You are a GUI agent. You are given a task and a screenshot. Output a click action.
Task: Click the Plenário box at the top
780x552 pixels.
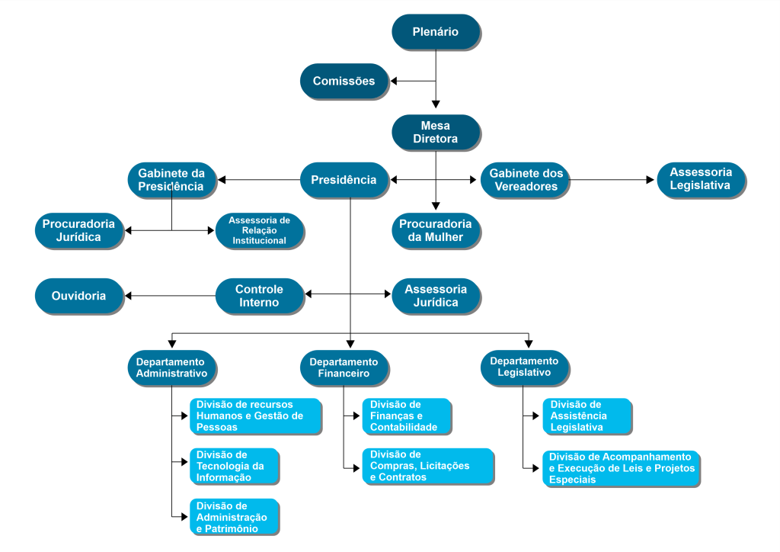coord(436,32)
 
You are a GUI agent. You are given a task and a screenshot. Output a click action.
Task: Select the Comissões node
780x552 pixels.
coord(344,81)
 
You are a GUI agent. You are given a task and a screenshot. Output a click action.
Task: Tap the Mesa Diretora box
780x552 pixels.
coord(436,133)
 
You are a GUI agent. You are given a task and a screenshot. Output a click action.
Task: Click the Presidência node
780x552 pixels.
coord(344,180)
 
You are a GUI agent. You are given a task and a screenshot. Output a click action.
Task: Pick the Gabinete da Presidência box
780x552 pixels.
coord(171,180)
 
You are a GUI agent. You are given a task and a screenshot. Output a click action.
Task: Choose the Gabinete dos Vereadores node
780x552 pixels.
coord(526,180)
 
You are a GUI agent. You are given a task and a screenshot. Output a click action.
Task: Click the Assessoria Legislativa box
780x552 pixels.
coord(701,179)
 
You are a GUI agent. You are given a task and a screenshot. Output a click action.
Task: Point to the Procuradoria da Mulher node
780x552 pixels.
coord(436,230)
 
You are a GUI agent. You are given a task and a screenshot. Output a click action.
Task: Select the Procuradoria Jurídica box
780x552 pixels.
coord(79,230)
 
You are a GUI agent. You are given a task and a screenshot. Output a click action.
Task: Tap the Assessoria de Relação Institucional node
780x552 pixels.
coord(260,230)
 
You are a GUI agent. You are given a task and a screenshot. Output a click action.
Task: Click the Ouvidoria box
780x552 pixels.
coord(79,296)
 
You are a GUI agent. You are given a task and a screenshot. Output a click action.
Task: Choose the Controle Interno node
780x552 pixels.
coord(259,296)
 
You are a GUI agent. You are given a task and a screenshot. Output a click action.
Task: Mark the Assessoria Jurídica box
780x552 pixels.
coord(436,296)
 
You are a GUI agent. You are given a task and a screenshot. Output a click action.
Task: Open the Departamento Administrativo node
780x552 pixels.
coord(171,367)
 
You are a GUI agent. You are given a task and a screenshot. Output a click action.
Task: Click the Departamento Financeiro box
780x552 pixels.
coord(344,367)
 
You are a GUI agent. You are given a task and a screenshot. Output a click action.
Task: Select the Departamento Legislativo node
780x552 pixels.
coord(525,367)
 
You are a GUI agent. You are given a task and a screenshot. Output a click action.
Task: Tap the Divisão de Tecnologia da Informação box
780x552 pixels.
coord(234,466)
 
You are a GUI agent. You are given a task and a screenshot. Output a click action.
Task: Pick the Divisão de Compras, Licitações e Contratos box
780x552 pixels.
coord(428,466)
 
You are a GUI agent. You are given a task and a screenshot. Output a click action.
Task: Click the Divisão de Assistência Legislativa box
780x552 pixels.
coord(587,416)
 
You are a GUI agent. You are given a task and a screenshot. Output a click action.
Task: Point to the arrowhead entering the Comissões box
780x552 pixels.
coord(394,81)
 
